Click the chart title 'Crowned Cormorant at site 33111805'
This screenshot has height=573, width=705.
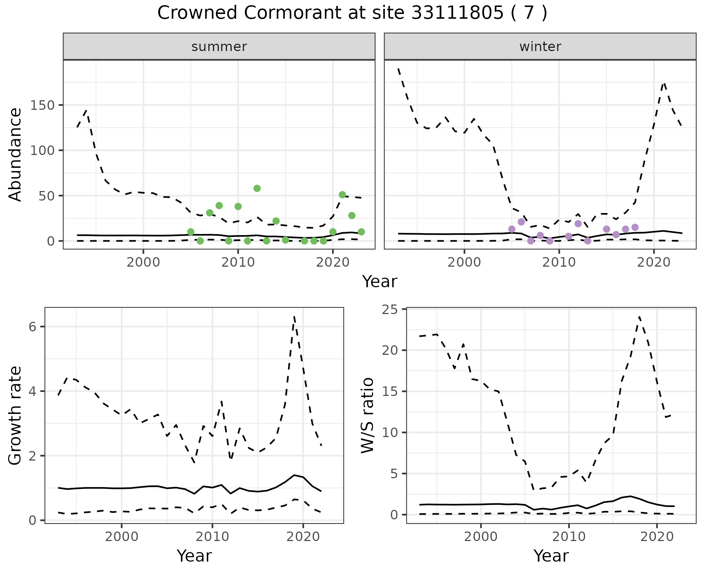click(352, 13)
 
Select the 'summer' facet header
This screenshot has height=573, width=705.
click(219, 47)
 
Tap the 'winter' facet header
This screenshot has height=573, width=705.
click(540, 47)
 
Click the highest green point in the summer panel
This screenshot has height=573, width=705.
click(257, 188)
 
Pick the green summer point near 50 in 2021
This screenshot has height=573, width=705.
click(342, 195)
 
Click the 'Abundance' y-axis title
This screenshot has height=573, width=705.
click(15, 154)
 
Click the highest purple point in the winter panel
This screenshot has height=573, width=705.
click(521, 222)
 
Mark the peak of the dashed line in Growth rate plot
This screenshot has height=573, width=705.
click(294, 316)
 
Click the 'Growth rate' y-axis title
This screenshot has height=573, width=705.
click(15, 415)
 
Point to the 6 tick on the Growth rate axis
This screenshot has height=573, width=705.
click(32, 327)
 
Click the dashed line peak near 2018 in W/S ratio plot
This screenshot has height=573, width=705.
click(639, 317)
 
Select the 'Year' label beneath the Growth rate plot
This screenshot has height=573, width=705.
click(194, 556)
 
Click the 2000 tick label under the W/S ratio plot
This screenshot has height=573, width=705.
click(481, 537)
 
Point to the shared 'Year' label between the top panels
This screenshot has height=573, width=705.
click(380, 282)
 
